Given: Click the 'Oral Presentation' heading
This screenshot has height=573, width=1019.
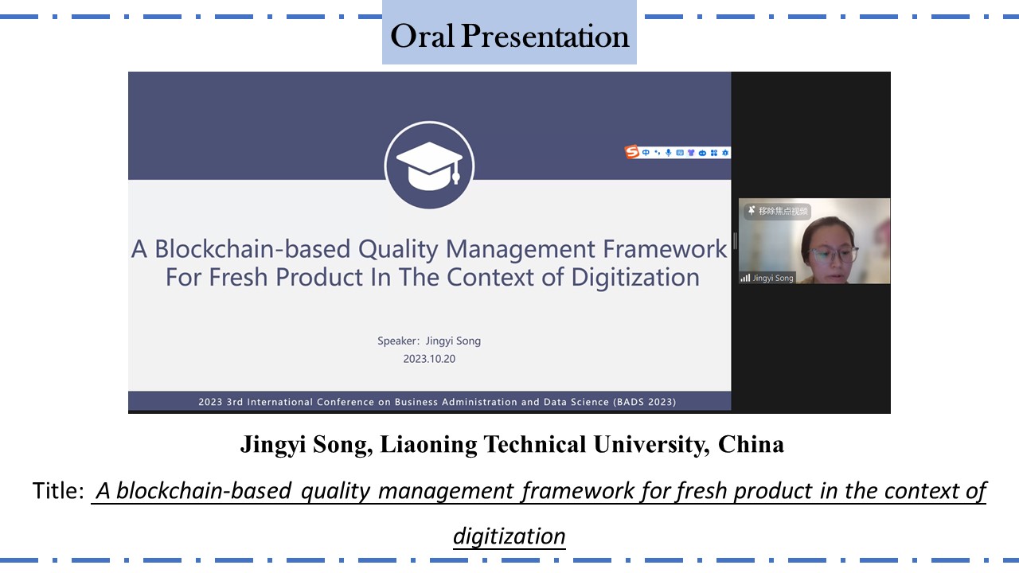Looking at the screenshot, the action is coord(509,36).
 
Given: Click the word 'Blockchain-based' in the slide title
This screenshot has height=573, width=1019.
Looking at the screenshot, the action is coord(252,249).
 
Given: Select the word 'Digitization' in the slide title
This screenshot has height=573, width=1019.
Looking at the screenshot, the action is coord(635,278).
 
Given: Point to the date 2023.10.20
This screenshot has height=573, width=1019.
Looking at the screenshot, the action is coord(429,359).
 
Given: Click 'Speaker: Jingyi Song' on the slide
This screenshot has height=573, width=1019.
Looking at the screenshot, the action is coord(429,341).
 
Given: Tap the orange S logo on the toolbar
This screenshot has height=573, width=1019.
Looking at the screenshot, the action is coord(631,151).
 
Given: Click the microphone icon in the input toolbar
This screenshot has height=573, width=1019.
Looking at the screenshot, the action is coord(668,153).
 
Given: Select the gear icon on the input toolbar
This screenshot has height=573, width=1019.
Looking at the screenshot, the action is coord(725,153).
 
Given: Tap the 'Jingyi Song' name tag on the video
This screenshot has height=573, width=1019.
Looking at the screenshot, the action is coord(772,278).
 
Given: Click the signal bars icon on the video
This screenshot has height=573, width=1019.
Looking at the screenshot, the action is coord(745,278).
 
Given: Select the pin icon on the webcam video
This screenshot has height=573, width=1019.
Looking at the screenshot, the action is coord(752,210).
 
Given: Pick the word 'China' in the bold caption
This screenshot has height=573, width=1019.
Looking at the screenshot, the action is coord(751,444).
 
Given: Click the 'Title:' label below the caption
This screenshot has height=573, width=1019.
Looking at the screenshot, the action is coord(58,491).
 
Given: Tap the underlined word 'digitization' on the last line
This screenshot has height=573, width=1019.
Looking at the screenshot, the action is coord(509,536).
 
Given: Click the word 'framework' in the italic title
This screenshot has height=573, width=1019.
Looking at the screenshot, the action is coord(578,491).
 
